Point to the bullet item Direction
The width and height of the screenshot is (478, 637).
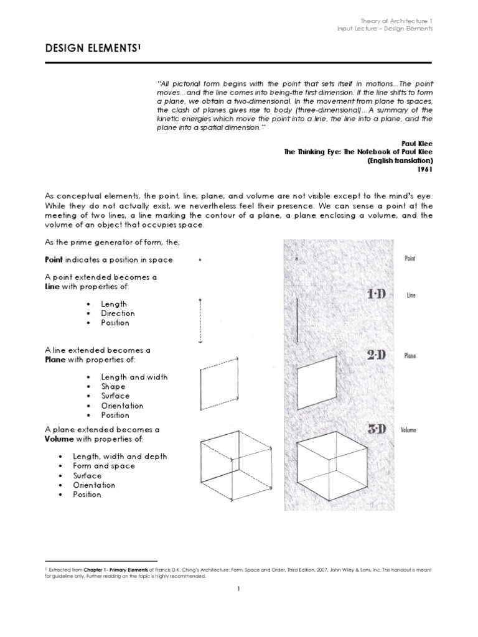pos(118,314)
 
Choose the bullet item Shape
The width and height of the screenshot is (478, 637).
pos(113,386)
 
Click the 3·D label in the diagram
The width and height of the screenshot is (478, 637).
pos(377,429)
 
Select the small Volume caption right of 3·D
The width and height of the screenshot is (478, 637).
pos(408,430)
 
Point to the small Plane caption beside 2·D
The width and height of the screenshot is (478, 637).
pos(410,356)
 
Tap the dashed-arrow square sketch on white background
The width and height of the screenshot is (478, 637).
pos(219,380)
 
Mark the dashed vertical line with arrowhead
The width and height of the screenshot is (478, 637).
pos(200,320)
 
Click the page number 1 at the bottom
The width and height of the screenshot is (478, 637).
pos(238,591)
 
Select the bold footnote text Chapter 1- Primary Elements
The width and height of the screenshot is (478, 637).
pos(107,569)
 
